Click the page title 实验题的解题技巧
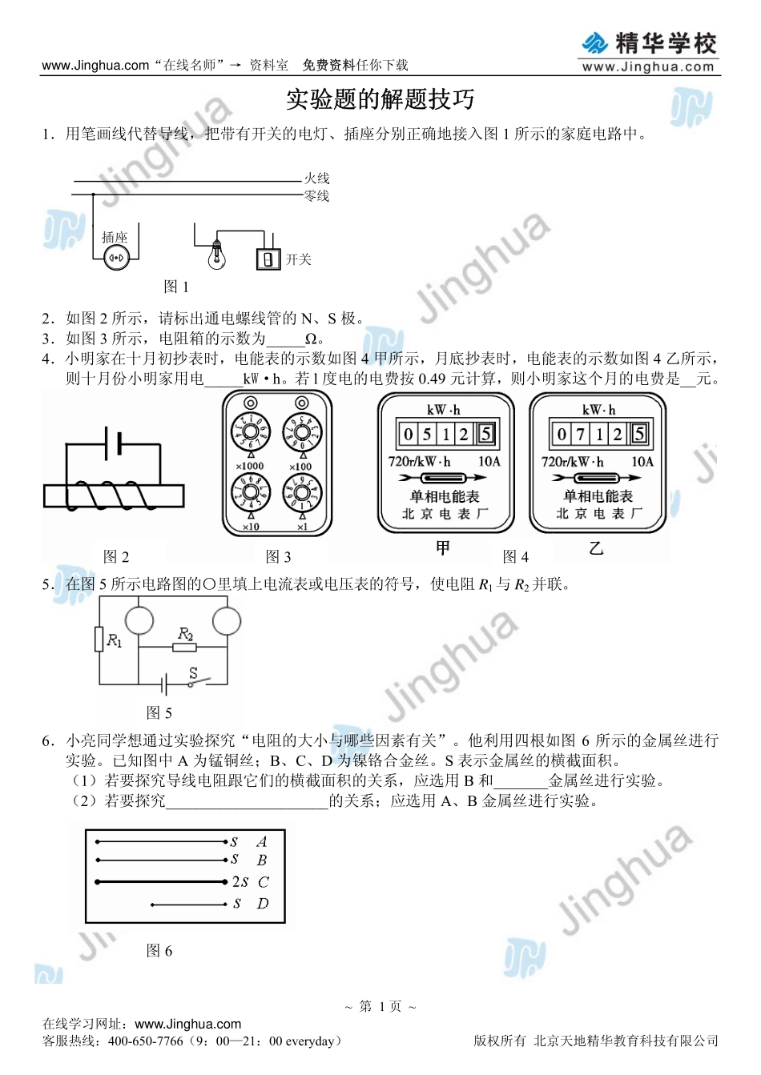[x=380, y=99]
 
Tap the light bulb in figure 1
[x=215, y=255]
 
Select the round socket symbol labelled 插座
[x=116, y=257]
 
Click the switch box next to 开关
[x=268, y=259]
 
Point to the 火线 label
[x=316, y=178]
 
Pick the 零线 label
[x=316, y=195]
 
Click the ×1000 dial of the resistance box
[x=250, y=432]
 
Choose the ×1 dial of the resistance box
[x=302, y=494]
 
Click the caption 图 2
[x=116, y=556]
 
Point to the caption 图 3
[x=278, y=556]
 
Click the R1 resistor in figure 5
[x=99, y=640]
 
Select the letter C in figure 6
[x=264, y=882]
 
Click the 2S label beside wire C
[x=240, y=882]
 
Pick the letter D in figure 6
[x=263, y=904]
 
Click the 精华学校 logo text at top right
[x=666, y=43]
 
